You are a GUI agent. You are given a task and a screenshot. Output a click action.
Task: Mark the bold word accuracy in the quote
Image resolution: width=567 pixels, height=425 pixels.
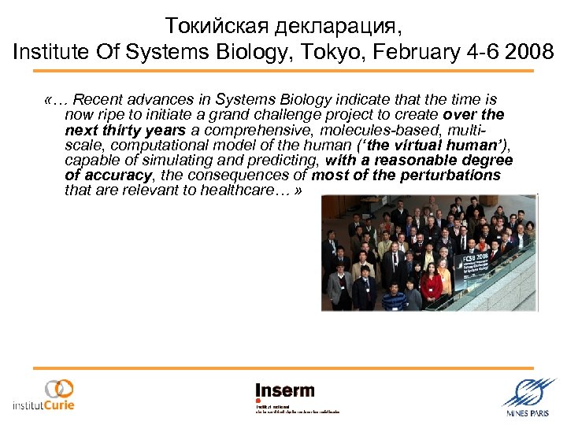(x=114, y=175)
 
